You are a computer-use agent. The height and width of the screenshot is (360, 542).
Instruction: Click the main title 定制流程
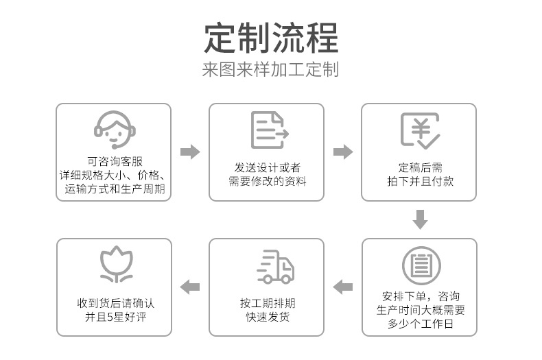[271, 38]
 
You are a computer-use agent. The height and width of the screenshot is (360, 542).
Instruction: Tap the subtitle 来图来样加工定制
[270, 69]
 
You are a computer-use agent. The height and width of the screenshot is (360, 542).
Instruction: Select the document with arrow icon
[270, 130]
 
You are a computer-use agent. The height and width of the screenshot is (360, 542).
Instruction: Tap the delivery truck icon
[275, 267]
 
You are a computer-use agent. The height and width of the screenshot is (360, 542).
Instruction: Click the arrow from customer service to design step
[190, 152]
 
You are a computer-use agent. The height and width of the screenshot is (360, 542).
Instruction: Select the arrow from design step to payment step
[343, 152]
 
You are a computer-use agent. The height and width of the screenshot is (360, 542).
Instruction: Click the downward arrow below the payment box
[421, 219]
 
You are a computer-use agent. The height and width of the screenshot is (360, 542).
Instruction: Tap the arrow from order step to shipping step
[343, 287]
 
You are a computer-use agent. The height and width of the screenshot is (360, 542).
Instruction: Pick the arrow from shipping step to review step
[190, 287]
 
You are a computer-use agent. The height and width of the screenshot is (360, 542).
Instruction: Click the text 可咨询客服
[115, 161]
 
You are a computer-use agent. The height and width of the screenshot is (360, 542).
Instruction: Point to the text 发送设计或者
[267, 168]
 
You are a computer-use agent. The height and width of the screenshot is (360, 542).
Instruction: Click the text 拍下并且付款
[421, 182]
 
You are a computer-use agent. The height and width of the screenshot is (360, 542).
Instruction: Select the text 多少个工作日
[421, 324]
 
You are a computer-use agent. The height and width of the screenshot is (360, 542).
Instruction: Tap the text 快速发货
[268, 317]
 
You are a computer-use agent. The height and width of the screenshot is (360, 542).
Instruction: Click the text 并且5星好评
[116, 317]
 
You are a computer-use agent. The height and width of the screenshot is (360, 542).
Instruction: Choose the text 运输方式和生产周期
[115, 189]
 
